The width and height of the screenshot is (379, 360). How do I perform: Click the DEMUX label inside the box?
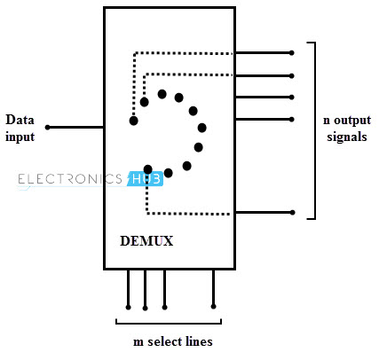(x=146, y=241)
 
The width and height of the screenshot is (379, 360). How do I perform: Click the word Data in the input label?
(x=20, y=120)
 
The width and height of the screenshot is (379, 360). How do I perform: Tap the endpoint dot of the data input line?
(x=48, y=128)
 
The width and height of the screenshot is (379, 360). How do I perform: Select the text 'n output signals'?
(x=345, y=128)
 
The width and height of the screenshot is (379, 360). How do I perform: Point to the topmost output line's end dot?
(x=292, y=52)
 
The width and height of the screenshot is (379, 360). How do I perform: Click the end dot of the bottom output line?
(x=292, y=212)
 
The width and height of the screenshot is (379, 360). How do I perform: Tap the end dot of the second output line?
(x=292, y=74)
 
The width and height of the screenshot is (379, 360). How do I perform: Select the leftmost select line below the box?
(x=129, y=288)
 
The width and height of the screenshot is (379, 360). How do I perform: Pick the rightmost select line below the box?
(x=213, y=288)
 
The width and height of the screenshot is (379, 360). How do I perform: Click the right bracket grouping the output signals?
(x=314, y=129)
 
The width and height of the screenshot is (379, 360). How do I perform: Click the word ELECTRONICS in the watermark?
(x=70, y=179)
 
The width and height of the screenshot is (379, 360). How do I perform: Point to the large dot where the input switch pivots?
(x=133, y=120)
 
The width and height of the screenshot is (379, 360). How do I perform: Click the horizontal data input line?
(x=76, y=128)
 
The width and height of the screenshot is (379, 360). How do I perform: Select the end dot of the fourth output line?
(x=292, y=118)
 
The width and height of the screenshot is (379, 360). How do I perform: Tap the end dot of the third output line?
(x=292, y=97)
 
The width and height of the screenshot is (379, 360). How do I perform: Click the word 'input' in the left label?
(x=20, y=137)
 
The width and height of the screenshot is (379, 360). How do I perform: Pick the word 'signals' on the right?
(x=345, y=137)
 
